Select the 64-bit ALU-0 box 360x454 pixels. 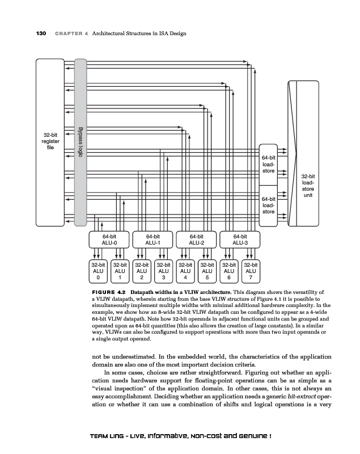click(x=109, y=239)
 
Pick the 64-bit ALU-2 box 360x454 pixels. click(x=197, y=239)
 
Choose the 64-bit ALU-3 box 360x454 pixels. click(x=240, y=239)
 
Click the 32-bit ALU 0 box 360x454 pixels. click(x=99, y=271)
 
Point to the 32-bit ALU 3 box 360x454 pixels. click(x=164, y=271)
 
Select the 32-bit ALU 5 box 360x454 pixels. click(x=207, y=271)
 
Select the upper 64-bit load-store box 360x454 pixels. click(x=269, y=164)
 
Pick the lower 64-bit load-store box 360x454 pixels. click(x=269, y=205)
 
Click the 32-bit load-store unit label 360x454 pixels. click(x=308, y=185)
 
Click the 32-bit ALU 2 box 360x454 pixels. click(x=142, y=271)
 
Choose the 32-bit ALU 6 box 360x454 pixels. click(x=229, y=271)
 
